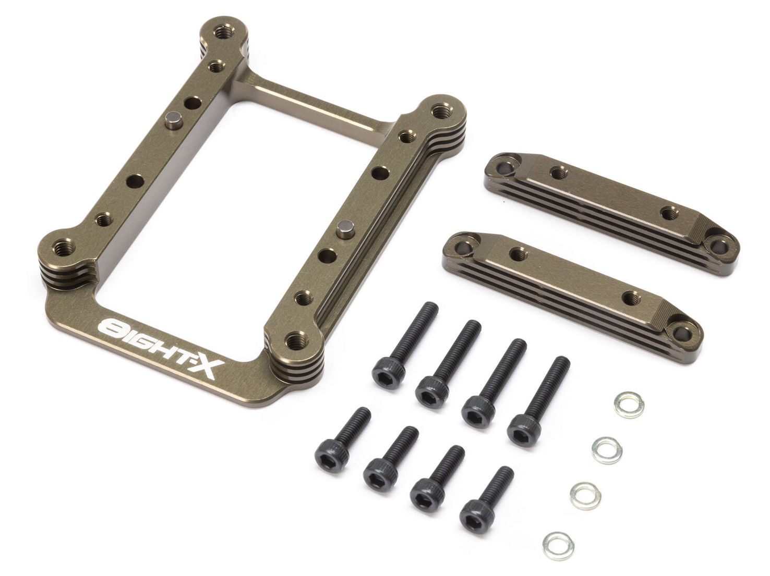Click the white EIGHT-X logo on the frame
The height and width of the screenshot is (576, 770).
coord(161,348)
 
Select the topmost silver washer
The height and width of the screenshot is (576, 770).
coord(629,405)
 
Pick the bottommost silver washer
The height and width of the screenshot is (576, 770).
coord(558,546)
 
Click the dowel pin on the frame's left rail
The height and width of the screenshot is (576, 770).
coord(173,120)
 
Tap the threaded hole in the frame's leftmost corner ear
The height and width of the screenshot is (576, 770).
coord(64,248)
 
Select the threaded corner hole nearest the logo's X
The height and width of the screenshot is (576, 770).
coord(297,340)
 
